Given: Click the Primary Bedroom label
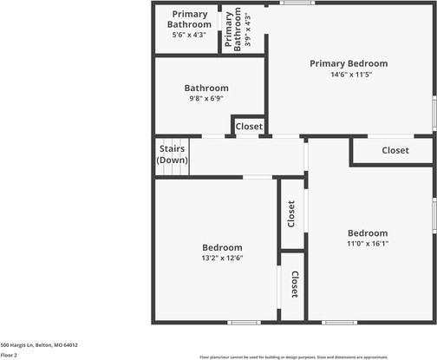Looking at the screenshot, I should pos(348,63).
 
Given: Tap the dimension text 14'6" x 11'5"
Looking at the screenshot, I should pos(348,75).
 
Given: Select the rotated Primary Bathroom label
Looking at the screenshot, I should pos(233,30).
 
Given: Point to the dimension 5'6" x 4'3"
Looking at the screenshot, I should pos(189,35).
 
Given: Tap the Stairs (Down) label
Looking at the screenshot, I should pos(172,154).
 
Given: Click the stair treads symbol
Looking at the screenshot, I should pos(172,168).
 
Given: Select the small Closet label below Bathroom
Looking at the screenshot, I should pos(249,127).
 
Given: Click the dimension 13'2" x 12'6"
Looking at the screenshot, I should pos(216,258).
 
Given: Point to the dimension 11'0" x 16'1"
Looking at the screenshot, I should pos(367,245).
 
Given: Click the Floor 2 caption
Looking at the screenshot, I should pos(9,355).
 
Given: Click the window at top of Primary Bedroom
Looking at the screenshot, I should pos(297,3).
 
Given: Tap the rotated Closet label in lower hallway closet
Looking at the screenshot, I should pos(294,285).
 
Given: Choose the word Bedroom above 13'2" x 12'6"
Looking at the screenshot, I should pos(216,247).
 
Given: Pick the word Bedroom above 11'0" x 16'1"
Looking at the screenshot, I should pos(367,232).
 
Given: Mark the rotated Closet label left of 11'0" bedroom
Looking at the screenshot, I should pos(291,215).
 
